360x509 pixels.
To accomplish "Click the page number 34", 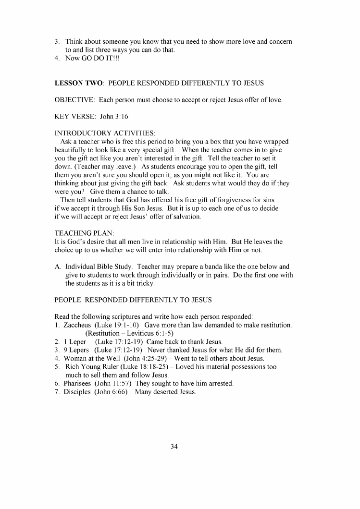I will pos(174,447).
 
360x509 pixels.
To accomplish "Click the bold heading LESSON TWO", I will pos(79,83).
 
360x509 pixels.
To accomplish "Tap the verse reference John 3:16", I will pos(114,117).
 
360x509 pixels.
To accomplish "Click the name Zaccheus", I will pos(77,325).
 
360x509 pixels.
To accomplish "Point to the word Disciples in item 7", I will pos(77,392).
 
